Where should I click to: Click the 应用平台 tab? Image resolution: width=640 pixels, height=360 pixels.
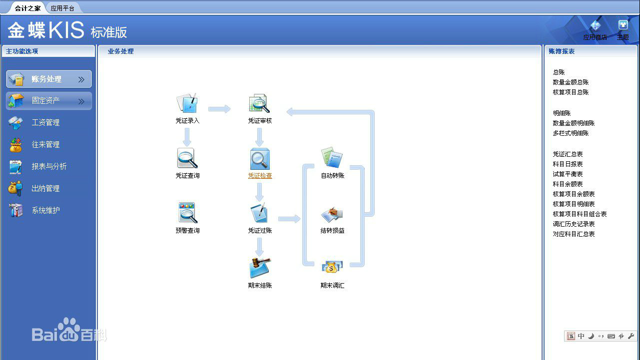[x=62, y=8]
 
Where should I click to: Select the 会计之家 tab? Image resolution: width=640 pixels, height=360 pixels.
[x=28, y=8]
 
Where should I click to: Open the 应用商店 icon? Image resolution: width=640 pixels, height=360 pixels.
[x=595, y=26]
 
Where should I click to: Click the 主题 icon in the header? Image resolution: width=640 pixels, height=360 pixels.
[x=623, y=26]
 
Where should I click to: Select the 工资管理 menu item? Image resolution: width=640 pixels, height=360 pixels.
[x=45, y=123]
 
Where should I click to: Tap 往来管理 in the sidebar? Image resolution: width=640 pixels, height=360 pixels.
[x=45, y=145]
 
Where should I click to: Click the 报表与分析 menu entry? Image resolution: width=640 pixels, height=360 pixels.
[x=49, y=167]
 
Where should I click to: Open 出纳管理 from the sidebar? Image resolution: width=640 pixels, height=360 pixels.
[x=45, y=189]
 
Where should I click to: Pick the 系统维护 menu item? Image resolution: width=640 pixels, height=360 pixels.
[x=45, y=211]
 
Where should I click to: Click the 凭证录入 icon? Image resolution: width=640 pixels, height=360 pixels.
[x=187, y=103]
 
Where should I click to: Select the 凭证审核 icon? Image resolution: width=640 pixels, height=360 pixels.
[x=260, y=103]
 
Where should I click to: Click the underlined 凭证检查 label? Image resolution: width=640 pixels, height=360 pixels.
[x=260, y=176]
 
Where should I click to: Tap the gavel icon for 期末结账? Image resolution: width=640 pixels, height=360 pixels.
[x=260, y=268]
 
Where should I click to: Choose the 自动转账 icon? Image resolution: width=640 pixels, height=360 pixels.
[x=332, y=158]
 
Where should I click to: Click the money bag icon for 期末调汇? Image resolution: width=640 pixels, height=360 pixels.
[x=332, y=268]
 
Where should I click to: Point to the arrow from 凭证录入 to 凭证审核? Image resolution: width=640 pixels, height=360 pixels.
[x=219, y=109]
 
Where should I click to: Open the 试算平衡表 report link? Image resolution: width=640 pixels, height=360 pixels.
[x=568, y=174]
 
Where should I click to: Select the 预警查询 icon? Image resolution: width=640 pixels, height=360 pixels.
[x=188, y=213]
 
